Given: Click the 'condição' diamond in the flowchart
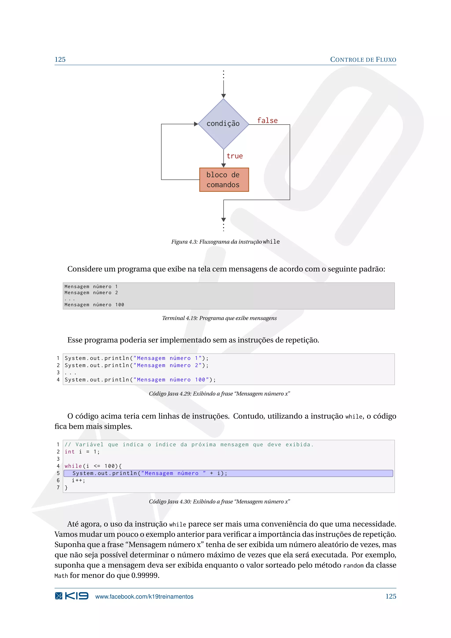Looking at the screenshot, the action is coord(223,124).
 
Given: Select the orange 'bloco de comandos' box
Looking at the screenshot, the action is coord(224,180).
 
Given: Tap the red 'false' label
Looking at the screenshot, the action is coord(267,121).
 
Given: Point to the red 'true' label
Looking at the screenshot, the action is coord(235,156).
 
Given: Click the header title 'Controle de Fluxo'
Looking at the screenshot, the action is coord(363,59).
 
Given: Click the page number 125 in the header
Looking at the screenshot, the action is coord(60,59).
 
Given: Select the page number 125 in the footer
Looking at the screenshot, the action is coord(390,596).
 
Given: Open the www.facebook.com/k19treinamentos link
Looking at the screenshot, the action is coord(144,597).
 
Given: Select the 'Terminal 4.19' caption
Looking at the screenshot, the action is coord(219,318).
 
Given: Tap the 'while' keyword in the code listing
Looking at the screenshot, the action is coord(73,466).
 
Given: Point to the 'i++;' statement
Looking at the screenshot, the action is coord(78,480).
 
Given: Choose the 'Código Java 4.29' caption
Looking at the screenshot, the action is coord(219,394).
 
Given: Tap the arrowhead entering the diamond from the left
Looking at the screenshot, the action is coord(196,124).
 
